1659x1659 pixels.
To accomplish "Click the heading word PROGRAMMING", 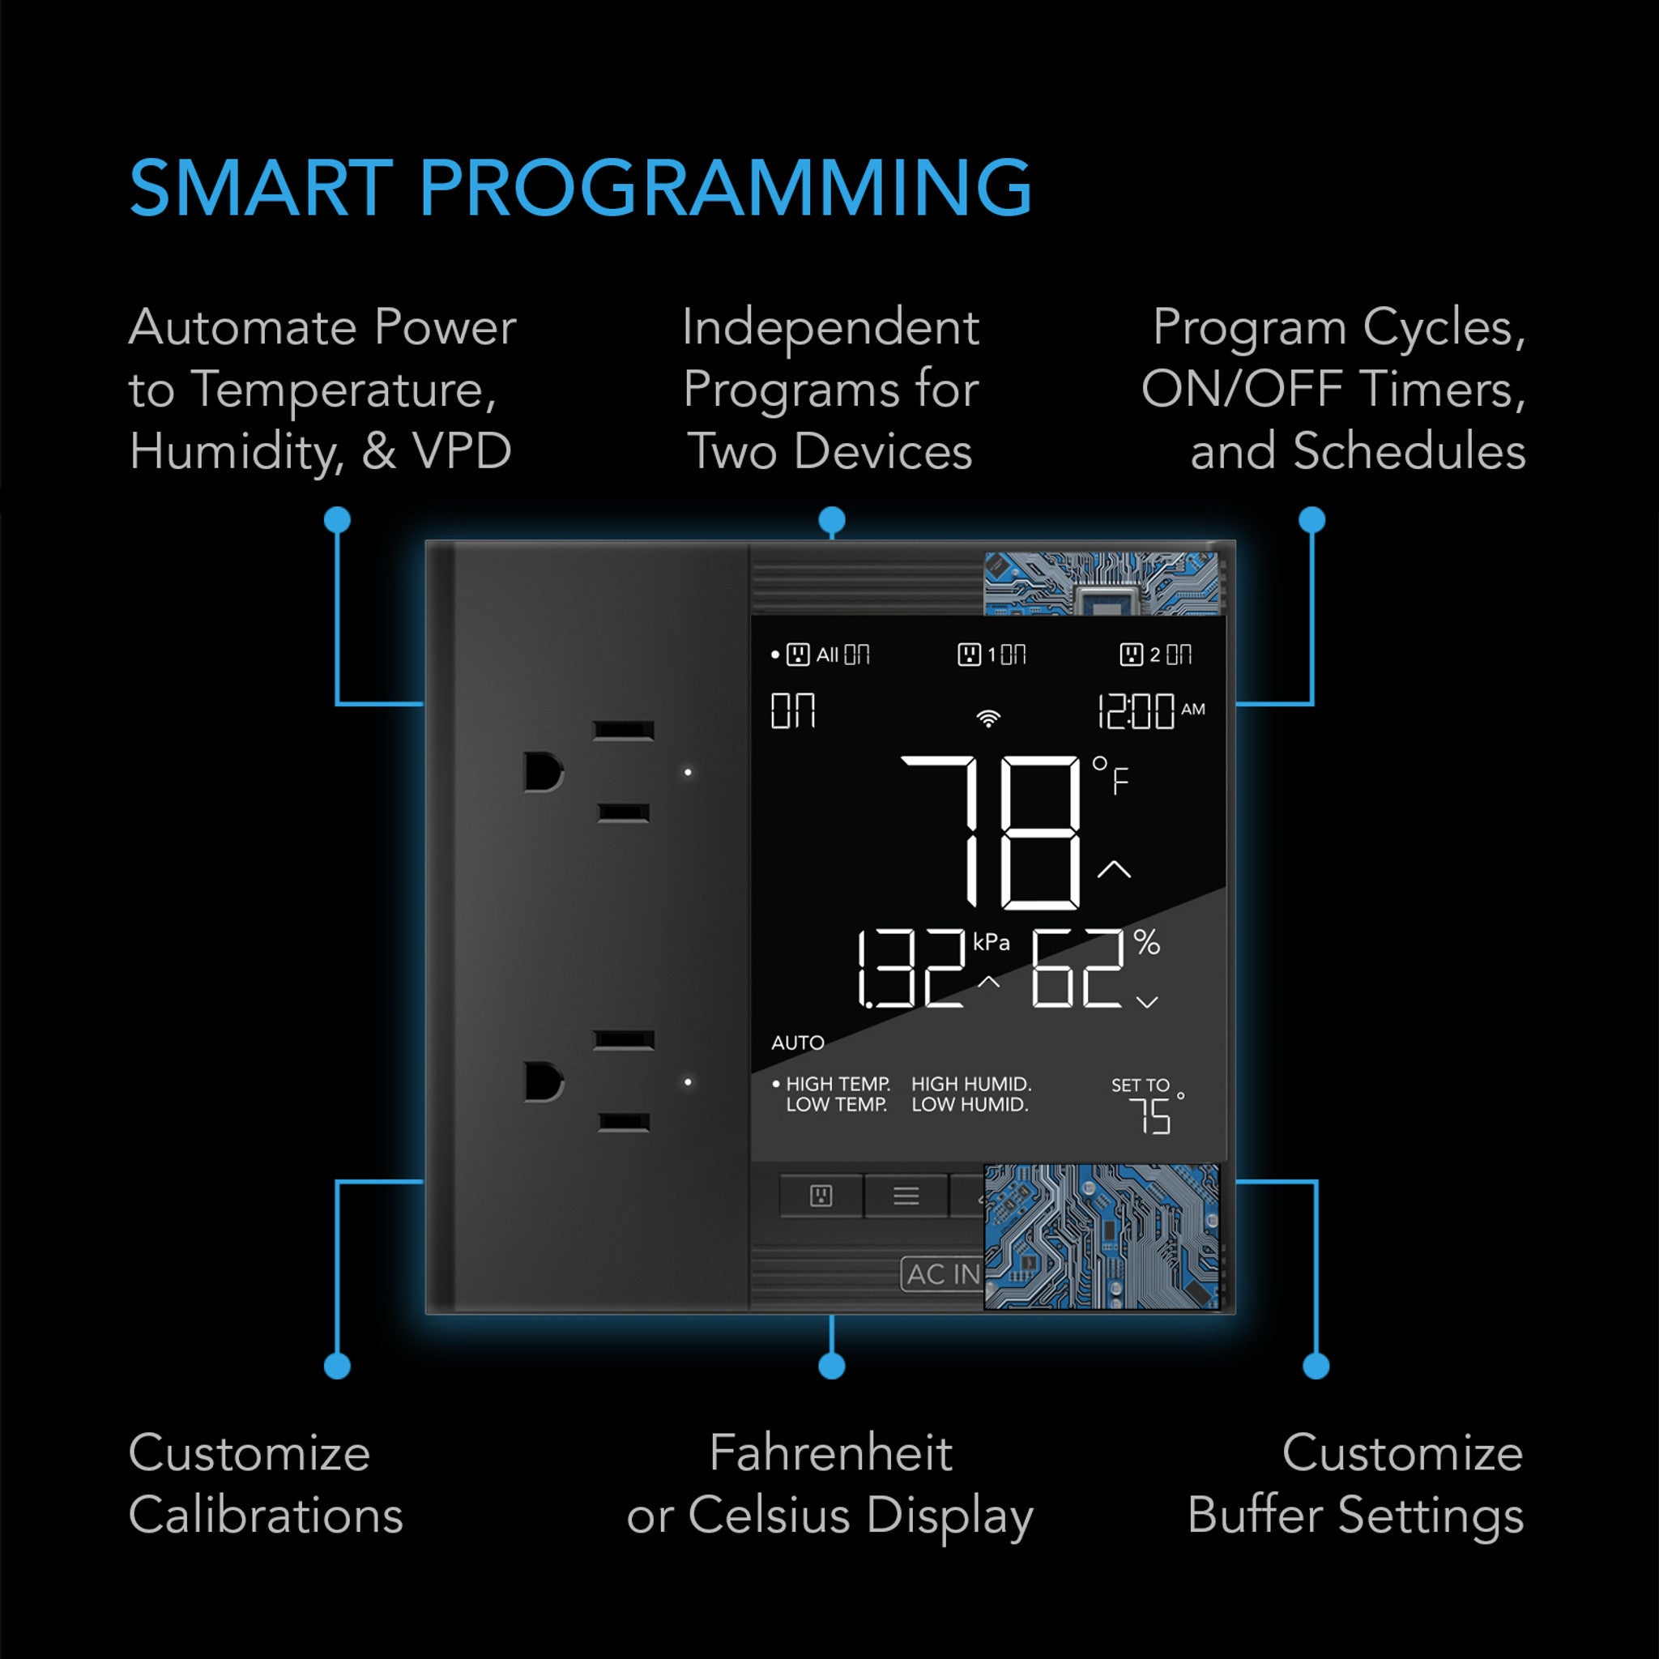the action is tap(726, 188).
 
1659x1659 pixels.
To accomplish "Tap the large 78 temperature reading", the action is tap(990, 832).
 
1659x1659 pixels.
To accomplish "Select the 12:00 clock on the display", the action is tap(1136, 712).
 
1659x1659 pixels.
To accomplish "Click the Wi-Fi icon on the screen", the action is tap(988, 718).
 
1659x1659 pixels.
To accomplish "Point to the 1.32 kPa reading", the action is tap(911, 969).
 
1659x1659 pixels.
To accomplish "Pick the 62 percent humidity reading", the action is tap(1077, 969).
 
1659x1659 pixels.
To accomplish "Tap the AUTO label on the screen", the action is tap(798, 1043).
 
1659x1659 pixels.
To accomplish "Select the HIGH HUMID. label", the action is tap(971, 1084).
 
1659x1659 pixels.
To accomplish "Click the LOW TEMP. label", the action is tap(836, 1104).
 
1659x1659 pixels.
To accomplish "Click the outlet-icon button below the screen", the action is tap(821, 1196).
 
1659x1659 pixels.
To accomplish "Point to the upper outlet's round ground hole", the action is tap(543, 772).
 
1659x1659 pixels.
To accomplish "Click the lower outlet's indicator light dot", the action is tap(688, 1082).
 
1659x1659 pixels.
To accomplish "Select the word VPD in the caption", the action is tap(462, 451).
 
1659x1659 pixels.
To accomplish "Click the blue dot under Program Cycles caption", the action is tap(1312, 519).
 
